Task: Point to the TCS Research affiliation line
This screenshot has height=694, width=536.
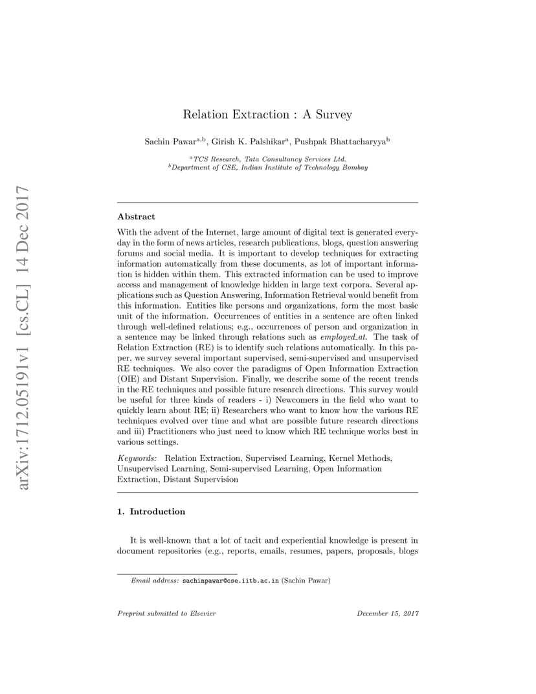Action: [x=269, y=159]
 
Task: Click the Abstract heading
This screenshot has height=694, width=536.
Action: [x=136, y=217]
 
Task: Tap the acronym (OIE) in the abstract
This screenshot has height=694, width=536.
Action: [x=129, y=379]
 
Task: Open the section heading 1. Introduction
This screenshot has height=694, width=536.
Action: [x=151, y=511]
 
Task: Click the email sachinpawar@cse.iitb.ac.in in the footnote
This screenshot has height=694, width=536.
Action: [x=230, y=581]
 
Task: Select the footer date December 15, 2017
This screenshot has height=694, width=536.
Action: [x=388, y=613]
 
